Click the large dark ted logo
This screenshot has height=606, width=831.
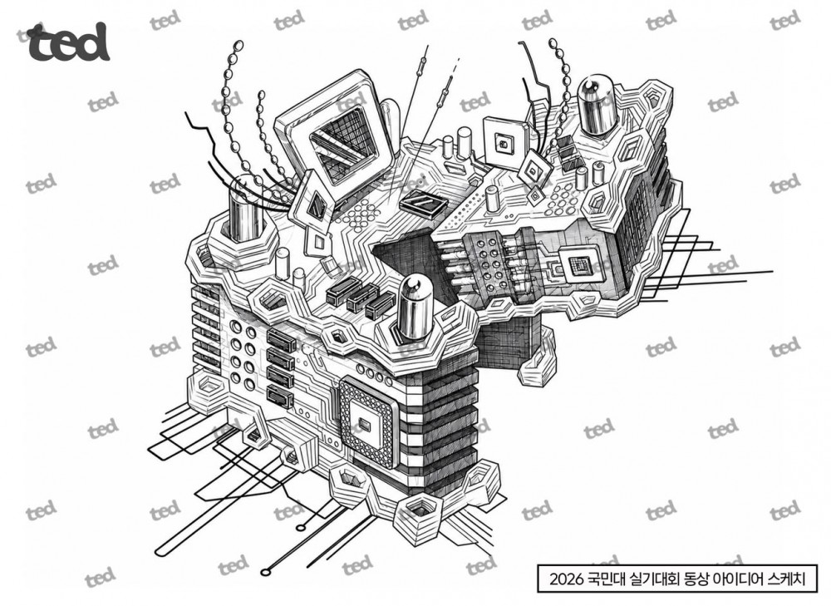click(68, 42)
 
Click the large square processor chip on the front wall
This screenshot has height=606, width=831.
click(367, 422)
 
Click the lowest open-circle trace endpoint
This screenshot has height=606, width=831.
click(264, 572)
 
